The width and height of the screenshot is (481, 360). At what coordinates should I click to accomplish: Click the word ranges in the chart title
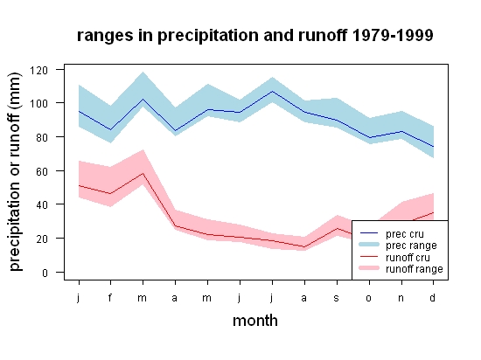[x=105, y=36]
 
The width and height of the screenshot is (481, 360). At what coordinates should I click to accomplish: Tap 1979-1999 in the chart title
[x=393, y=35]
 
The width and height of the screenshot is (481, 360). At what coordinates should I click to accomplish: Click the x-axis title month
[x=255, y=321]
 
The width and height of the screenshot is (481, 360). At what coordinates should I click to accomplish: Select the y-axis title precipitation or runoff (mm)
[x=15, y=172]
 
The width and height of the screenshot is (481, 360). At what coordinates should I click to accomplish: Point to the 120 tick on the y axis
[x=38, y=70]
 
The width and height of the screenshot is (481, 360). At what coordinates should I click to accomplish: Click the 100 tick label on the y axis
[x=38, y=104]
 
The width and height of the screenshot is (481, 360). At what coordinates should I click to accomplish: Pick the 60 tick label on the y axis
[x=42, y=171]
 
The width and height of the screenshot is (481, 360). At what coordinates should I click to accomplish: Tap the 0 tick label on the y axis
[x=45, y=273]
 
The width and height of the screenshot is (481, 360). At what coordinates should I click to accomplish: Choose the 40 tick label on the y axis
[x=42, y=204]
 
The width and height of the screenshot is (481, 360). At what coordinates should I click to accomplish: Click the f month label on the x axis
[x=110, y=297]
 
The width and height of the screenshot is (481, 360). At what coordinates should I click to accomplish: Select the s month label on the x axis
[x=337, y=298]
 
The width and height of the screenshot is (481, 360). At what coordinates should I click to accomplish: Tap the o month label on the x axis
[x=369, y=298]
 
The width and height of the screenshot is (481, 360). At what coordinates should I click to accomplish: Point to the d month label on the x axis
[x=433, y=297]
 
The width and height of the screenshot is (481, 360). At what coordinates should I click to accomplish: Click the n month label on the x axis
[x=401, y=298]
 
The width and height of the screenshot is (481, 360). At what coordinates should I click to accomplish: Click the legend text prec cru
[x=405, y=234]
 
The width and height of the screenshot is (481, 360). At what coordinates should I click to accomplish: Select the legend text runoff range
[x=415, y=269]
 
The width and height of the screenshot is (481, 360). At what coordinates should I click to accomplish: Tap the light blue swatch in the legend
[x=369, y=245]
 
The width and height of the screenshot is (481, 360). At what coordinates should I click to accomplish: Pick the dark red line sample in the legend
[x=369, y=256]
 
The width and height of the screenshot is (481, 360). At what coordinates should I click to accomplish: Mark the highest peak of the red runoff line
[x=143, y=173]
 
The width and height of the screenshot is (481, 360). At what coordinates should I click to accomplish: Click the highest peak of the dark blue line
[x=272, y=91]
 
